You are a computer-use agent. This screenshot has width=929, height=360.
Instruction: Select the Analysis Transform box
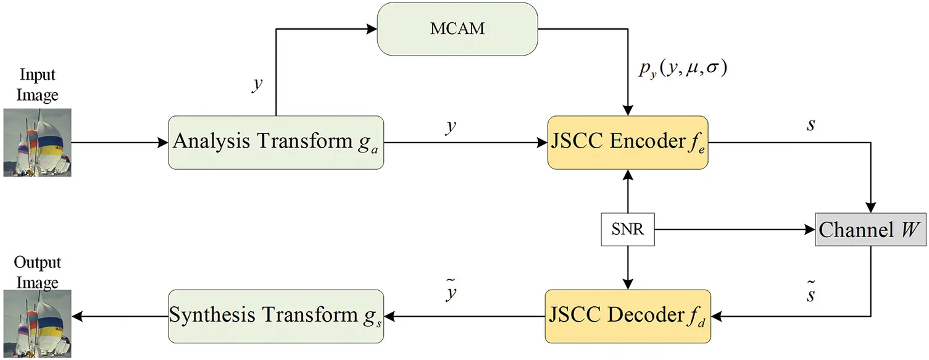coord(276,142)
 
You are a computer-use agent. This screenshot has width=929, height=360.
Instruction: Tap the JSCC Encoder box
coord(627,142)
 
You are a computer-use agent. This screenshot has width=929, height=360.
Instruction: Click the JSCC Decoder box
coord(627,316)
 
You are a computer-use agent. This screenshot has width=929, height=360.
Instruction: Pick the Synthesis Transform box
coord(276,316)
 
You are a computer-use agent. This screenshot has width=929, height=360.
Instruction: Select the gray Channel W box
coord(870,230)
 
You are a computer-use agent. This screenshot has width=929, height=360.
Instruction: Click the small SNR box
coord(627,230)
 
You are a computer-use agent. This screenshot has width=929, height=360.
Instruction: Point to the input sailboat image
coord(37,142)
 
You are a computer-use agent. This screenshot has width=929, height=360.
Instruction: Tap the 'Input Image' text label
coord(38,85)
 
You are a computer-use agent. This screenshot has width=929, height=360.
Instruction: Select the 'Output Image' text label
coord(38,272)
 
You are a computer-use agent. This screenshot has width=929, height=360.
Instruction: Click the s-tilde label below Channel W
coord(810,293)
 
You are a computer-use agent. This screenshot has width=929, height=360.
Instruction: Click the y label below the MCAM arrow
coord(256,84)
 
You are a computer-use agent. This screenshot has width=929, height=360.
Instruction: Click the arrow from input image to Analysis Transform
coord(120,143)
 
